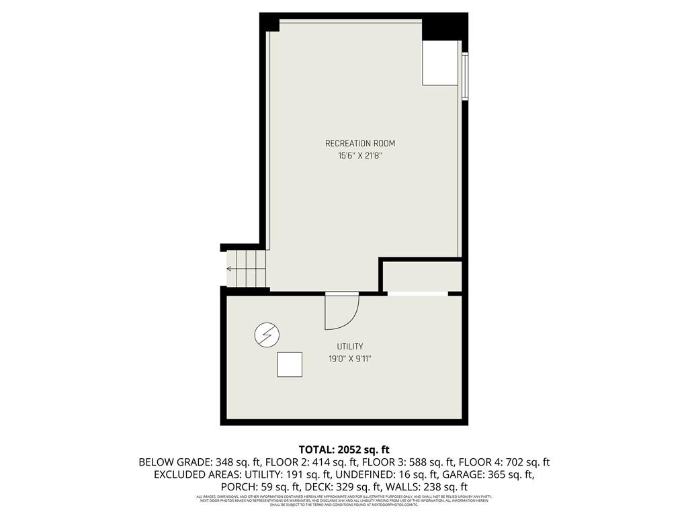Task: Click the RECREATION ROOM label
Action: [x=360, y=143]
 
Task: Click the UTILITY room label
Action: [x=350, y=347]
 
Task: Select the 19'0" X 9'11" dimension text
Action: [x=350, y=359]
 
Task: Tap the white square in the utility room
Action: [x=290, y=365]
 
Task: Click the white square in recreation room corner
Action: [x=441, y=62]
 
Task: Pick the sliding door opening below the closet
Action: [x=417, y=294]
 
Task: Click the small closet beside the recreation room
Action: [x=422, y=276]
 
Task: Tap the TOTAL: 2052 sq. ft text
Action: [x=344, y=449]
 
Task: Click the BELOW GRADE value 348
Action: [x=225, y=462]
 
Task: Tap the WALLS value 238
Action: [x=441, y=487]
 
